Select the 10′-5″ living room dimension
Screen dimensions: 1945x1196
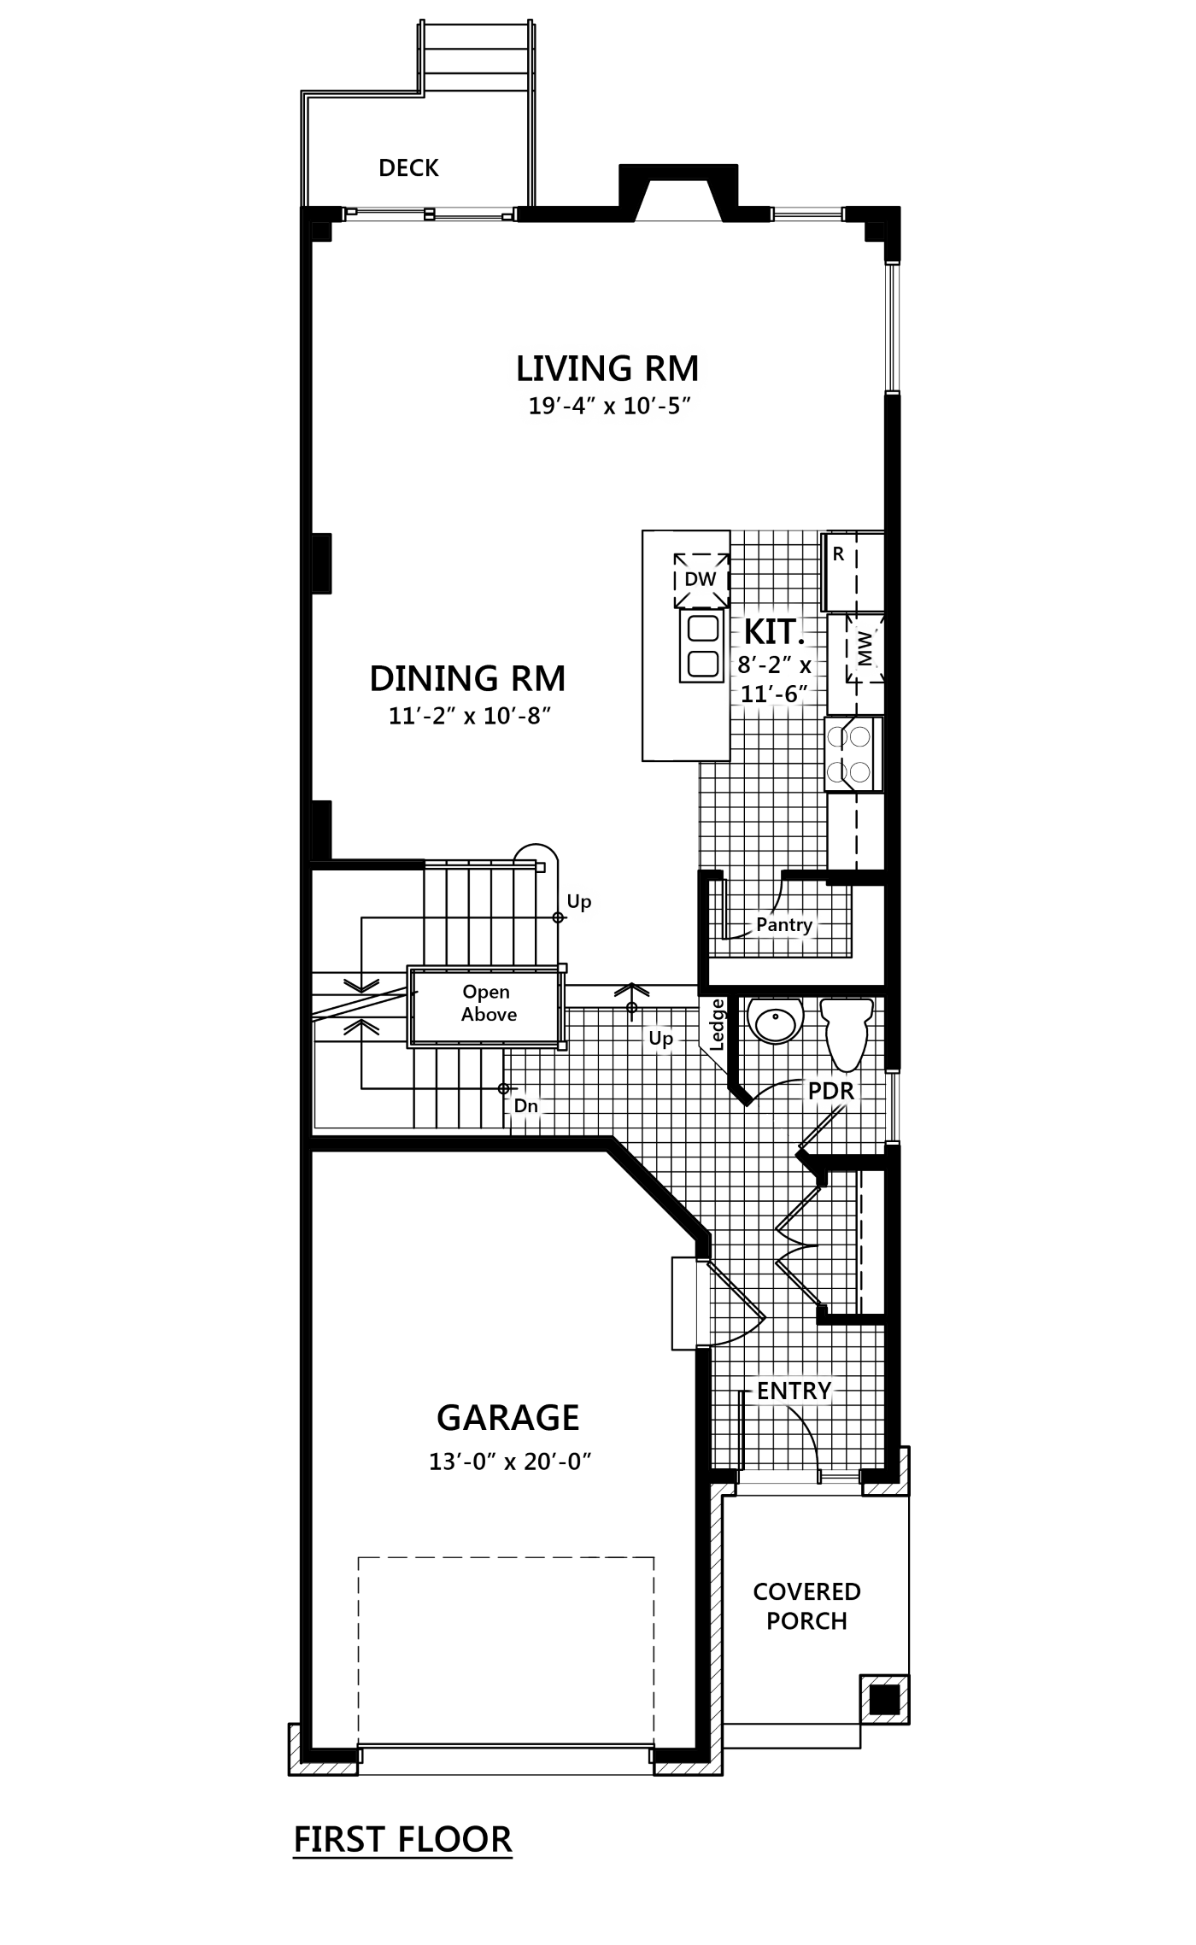655,406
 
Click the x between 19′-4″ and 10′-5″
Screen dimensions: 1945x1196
609,407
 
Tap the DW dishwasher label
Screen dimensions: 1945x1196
700,580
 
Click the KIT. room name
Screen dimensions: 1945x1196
774,632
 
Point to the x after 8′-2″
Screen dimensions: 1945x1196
806,665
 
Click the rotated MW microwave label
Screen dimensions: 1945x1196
865,648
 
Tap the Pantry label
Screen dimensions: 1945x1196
783,924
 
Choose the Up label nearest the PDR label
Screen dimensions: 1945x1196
661,1039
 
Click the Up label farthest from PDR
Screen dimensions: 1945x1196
579,901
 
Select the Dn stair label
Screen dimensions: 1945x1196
525,1106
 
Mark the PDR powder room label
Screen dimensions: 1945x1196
830,1091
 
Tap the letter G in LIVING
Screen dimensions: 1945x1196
620,368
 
